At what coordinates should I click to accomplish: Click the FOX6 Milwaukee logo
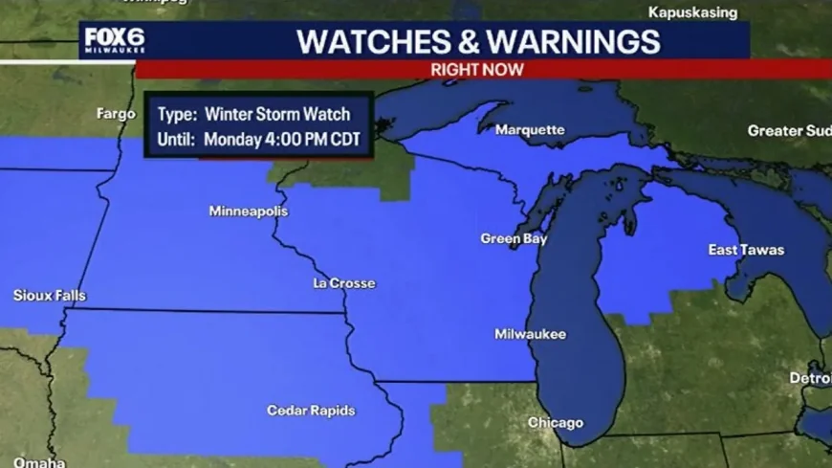click(x=114, y=41)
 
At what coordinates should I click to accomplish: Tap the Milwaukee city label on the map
click(x=530, y=334)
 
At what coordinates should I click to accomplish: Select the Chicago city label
click(x=555, y=423)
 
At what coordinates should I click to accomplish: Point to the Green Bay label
click(x=514, y=239)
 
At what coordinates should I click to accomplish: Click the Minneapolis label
click(x=249, y=211)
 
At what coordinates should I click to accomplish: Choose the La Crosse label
click(x=344, y=283)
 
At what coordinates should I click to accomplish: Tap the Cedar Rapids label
click(x=311, y=411)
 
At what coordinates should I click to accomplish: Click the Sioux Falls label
click(x=50, y=296)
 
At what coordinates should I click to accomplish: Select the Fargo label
click(x=117, y=113)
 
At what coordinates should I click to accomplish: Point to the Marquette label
click(x=535, y=129)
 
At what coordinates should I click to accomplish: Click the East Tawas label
click(x=746, y=250)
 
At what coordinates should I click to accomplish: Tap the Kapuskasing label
click(x=693, y=12)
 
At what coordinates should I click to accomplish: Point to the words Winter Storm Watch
click(x=277, y=114)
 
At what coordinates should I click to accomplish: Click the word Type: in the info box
click(x=176, y=114)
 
